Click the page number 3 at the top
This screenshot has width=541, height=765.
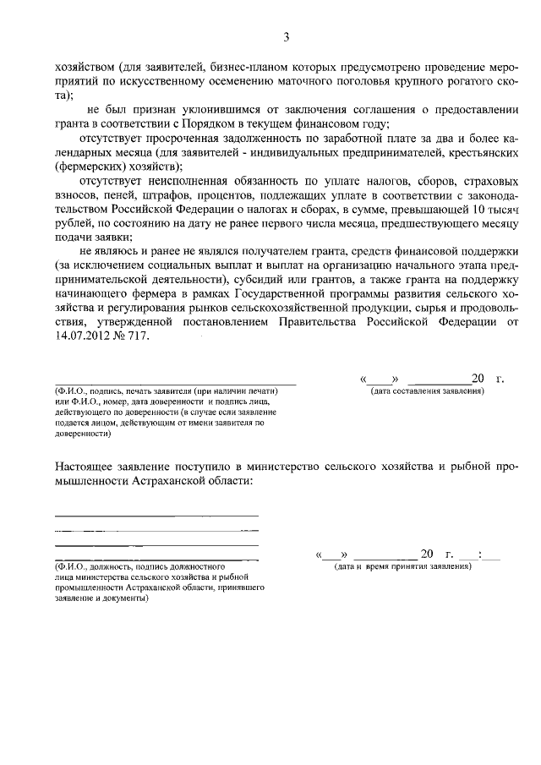[286, 36]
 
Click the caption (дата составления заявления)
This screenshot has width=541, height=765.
[426, 392]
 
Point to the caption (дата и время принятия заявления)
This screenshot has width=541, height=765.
[402, 566]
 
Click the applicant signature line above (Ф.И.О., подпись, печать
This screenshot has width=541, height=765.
[175, 383]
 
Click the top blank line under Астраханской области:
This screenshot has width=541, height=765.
[156, 515]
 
